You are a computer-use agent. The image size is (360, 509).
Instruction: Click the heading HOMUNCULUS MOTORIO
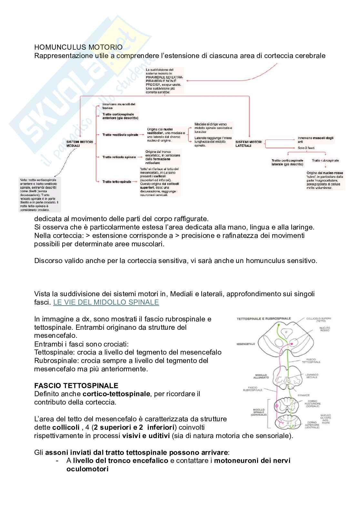(78, 47)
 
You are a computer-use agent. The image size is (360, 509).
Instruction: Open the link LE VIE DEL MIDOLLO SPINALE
(106, 302)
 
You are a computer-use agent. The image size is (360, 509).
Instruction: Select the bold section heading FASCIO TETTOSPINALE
(76, 386)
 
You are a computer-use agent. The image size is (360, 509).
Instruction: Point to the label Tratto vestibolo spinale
(120, 135)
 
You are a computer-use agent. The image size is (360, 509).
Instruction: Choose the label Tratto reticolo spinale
(119, 157)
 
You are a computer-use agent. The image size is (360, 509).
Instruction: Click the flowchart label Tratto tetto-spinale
(117, 182)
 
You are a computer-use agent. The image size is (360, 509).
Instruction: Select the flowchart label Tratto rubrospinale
(325, 161)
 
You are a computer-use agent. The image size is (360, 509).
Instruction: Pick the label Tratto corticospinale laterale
(287, 162)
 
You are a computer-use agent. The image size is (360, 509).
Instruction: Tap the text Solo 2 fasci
(306, 148)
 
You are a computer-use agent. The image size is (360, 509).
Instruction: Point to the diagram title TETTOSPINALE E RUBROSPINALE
(264, 318)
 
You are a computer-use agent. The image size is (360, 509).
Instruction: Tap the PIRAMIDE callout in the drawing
(304, 395)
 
